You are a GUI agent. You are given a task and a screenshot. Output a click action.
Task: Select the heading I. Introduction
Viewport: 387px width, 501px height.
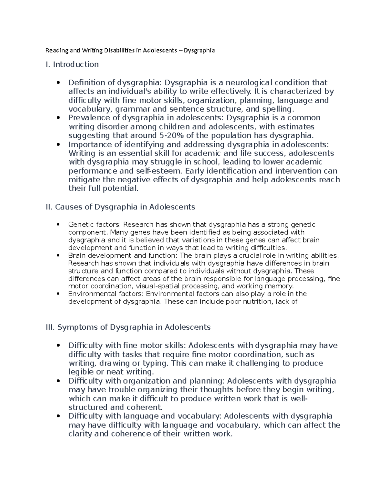coord(72,65)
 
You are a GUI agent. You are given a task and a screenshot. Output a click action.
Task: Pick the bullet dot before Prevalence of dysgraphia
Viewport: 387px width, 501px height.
coord(58,118)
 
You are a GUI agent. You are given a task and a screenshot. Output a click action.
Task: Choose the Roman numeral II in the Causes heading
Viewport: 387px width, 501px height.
coord(49,207)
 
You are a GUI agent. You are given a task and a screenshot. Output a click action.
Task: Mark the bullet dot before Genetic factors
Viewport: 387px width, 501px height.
coord(58,225)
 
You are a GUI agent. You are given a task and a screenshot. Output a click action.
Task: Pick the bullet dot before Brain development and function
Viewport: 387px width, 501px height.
coord(58,256)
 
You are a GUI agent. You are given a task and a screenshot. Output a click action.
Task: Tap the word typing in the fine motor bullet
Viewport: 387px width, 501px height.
coord(155,363)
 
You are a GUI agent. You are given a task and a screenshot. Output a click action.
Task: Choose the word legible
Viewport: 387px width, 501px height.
coord(81,372)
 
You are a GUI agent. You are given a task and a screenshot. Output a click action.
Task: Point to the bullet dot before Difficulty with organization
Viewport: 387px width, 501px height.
coord(58,381)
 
